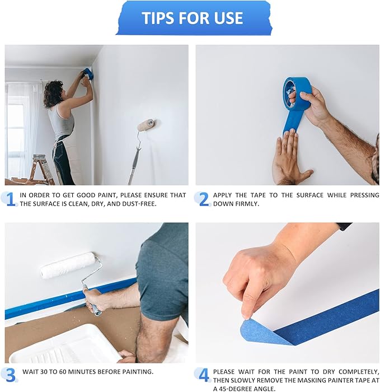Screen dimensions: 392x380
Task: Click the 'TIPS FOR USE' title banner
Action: click(x=193, y=18)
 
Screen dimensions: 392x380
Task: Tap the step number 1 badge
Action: click(x=10, y=199)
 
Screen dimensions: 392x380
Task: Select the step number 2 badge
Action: click(x=203, y=199)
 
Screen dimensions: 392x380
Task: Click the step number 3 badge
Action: click(x=10, y=374)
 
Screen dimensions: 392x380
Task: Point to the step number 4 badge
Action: click(x=203, y=374)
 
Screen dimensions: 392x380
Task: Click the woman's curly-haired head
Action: click(x=54, y=92)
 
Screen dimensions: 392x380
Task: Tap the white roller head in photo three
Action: click(x=68, y=265)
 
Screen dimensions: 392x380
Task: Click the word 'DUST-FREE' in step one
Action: click(x=140, y=204)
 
